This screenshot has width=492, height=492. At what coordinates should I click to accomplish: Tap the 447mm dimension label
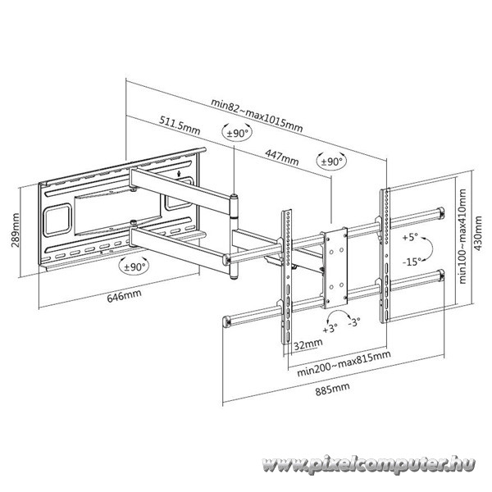click(x=282, y=157)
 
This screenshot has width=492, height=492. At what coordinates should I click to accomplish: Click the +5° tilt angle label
click(x=411, y=237)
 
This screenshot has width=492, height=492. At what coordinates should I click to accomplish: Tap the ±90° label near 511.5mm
click(x=234, y=134)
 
